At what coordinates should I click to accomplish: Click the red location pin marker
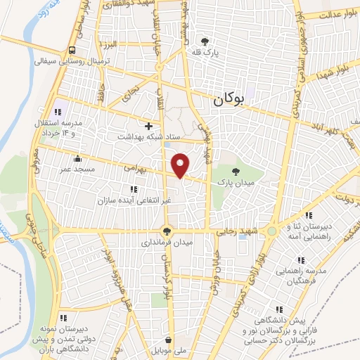(181, 165)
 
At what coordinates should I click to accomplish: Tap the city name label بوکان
(231, 101)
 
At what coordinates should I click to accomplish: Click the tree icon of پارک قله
(205, 41)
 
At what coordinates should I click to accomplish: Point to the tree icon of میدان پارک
(236, 171)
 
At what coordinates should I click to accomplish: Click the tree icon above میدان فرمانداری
(167, 231)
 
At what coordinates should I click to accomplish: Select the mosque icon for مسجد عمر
(77, 157)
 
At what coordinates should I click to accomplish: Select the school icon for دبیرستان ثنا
(307, 215)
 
